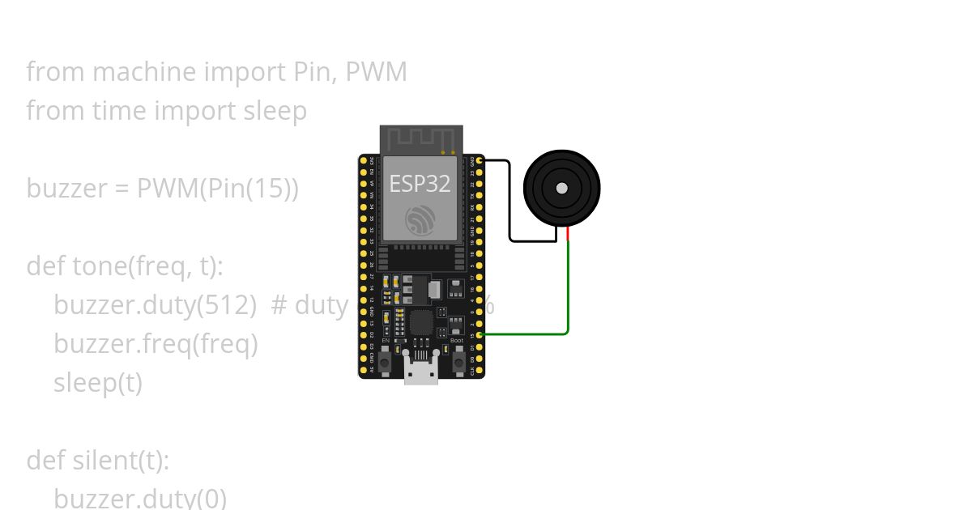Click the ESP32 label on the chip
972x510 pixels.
pos(420,184)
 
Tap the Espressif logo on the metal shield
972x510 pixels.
pos(420,219)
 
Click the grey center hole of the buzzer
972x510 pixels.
pos(562,189)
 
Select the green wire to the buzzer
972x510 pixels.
pos(567,291)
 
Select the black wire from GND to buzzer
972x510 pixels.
pos(509,202)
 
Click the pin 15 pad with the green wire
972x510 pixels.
pos(480,334)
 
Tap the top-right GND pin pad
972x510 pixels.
pos(480,162)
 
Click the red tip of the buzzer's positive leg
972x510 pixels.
pos(568,234)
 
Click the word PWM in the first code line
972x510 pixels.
pos(376,72)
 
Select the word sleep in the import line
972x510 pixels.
pos(275,111)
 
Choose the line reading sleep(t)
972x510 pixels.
pos(98,383)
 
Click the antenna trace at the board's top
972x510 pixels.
pos(421,138)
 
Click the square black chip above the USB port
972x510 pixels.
pos(421,323)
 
